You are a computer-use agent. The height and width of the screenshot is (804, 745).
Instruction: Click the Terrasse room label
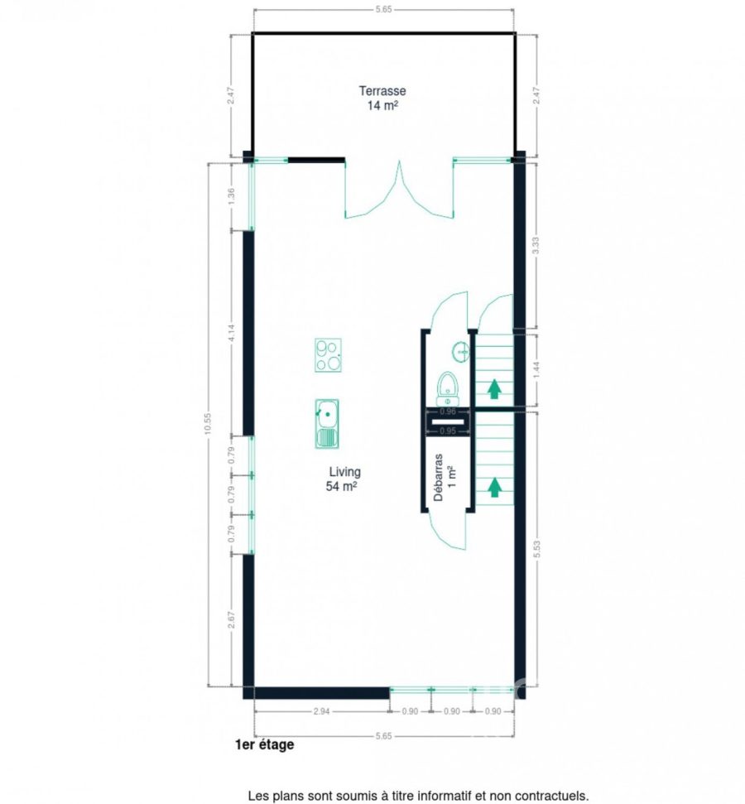382,91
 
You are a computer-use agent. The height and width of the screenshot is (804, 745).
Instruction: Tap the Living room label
344,472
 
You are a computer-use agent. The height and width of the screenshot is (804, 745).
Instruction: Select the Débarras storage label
439,477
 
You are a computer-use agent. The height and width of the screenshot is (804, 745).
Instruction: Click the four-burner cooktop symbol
328,355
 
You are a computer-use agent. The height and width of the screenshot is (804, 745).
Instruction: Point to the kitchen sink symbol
327,424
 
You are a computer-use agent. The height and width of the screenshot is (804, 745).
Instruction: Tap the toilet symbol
448,389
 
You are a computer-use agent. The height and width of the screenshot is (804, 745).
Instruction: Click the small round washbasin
460,352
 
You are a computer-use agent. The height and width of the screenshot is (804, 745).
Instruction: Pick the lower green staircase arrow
494,487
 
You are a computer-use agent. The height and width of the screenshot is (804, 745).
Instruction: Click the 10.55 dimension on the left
208,424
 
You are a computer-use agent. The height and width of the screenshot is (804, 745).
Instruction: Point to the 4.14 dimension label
231,334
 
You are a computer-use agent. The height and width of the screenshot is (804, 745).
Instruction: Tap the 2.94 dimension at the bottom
321,711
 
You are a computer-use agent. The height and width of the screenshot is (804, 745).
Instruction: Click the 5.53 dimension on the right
537,549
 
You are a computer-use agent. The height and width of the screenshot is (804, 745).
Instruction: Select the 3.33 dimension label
536,245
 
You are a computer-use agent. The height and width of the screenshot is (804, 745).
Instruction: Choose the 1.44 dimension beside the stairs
536,370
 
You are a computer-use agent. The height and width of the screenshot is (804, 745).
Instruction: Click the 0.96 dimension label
448,412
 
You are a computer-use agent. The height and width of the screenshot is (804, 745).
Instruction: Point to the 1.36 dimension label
231,197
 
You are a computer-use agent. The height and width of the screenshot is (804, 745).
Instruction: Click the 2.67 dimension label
231,620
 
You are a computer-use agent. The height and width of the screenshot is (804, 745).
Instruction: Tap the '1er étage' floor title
265,744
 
